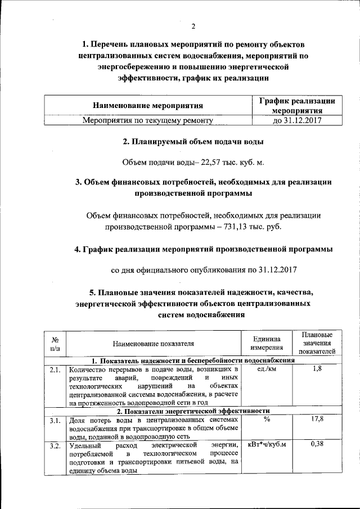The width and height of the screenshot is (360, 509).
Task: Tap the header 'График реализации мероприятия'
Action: coord(296,105)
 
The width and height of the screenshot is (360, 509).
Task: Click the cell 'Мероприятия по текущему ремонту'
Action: coord(148,120)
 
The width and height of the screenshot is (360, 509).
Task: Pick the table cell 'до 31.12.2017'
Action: coord(296,120)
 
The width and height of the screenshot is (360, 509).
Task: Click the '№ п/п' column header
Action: coord(55,344)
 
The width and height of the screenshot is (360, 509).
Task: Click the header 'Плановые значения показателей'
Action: coord(317,344)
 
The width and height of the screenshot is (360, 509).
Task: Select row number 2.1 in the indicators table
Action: coord(55,370)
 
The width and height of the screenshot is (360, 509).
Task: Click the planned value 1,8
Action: coord(317,370)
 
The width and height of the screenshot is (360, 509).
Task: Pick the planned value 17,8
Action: coord(317,420)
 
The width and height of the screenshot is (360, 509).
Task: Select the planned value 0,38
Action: coord(317,445)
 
